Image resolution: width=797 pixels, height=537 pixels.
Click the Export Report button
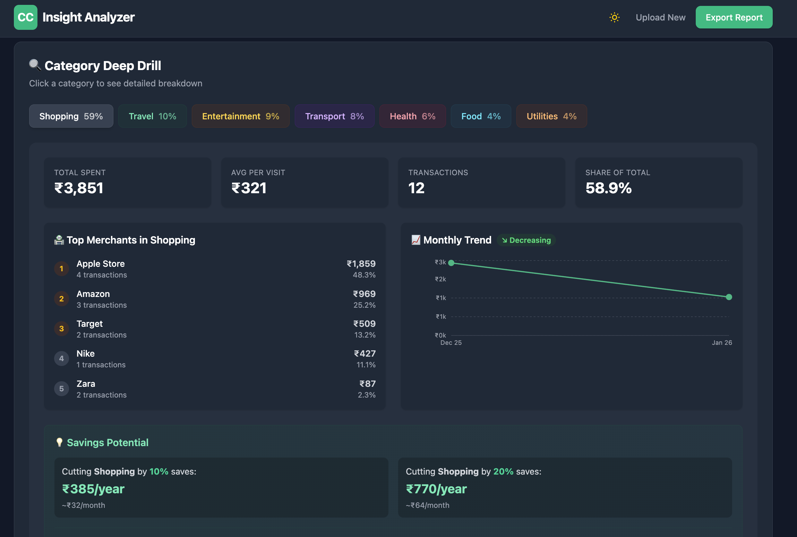[x=734, y=17]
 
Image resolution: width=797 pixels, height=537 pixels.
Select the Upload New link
[x=660, y=17]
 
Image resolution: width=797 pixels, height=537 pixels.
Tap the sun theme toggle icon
[x=614, y=17]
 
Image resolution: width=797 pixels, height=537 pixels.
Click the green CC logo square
[x=26, y=17]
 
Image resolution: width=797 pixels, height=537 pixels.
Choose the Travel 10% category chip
[x=152, y=116]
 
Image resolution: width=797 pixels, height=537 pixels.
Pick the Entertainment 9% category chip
[x=240, y=116]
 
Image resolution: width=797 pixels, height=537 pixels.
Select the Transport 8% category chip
[x=334, y=116]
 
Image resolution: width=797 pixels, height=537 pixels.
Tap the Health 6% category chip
[x=412, y=116]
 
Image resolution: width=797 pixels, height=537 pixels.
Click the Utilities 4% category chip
[x=551, y=116]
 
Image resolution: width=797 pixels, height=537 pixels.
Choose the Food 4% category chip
[x=481, y=116]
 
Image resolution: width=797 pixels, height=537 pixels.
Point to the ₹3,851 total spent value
[x=79, y=188]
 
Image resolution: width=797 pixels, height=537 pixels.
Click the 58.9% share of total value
[x=608, y=188]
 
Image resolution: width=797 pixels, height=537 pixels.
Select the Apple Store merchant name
[x=101, y=264]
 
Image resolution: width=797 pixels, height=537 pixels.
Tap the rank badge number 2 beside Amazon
[x=61, y=299]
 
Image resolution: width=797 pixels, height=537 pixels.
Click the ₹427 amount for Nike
[x=365, y=353]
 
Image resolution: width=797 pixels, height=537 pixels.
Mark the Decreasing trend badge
[x=526, y=240]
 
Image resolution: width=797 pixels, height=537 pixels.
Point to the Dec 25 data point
[x=451, y=263]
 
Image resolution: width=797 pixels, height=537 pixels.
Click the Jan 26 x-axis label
[x=722, y=342]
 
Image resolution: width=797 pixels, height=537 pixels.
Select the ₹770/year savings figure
[x=436, y=489]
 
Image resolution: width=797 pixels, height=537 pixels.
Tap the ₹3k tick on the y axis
[x=440, y=262]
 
